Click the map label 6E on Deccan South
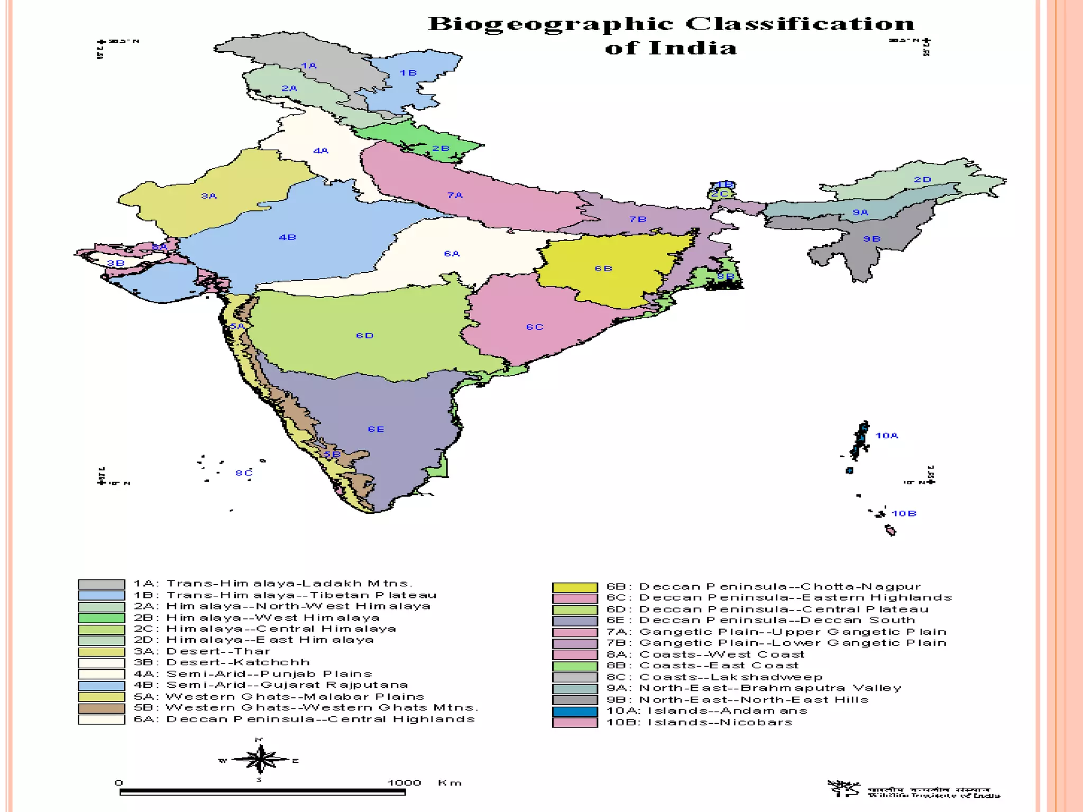[x=376, y=429]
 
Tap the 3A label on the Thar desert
[x=209, y=196]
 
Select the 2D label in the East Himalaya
[x=922, y=180]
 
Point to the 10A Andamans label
[x=887, y=436]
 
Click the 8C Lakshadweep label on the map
[x=244, y=473]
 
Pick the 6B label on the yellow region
[x=603, y=269]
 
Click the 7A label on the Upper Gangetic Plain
[x=455, y=196]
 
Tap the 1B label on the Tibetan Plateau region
[x=408, y=73]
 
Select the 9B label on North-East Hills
[x=871, y=239]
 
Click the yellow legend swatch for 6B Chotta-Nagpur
[x=575, y=587]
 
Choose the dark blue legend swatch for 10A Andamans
[x=575, y=712]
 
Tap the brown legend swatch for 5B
[x=102, y=708]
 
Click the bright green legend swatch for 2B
[x=102, y=618]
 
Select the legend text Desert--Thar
[x=218, y=651]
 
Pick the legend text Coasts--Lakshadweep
[x=731, y=677]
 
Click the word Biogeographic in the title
[x=550, y=25]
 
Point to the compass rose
[x=260, y=760]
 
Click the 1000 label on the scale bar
[x=404, y=783]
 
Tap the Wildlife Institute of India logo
[x=844, y=788]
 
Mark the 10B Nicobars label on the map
[x=904, y=513]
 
